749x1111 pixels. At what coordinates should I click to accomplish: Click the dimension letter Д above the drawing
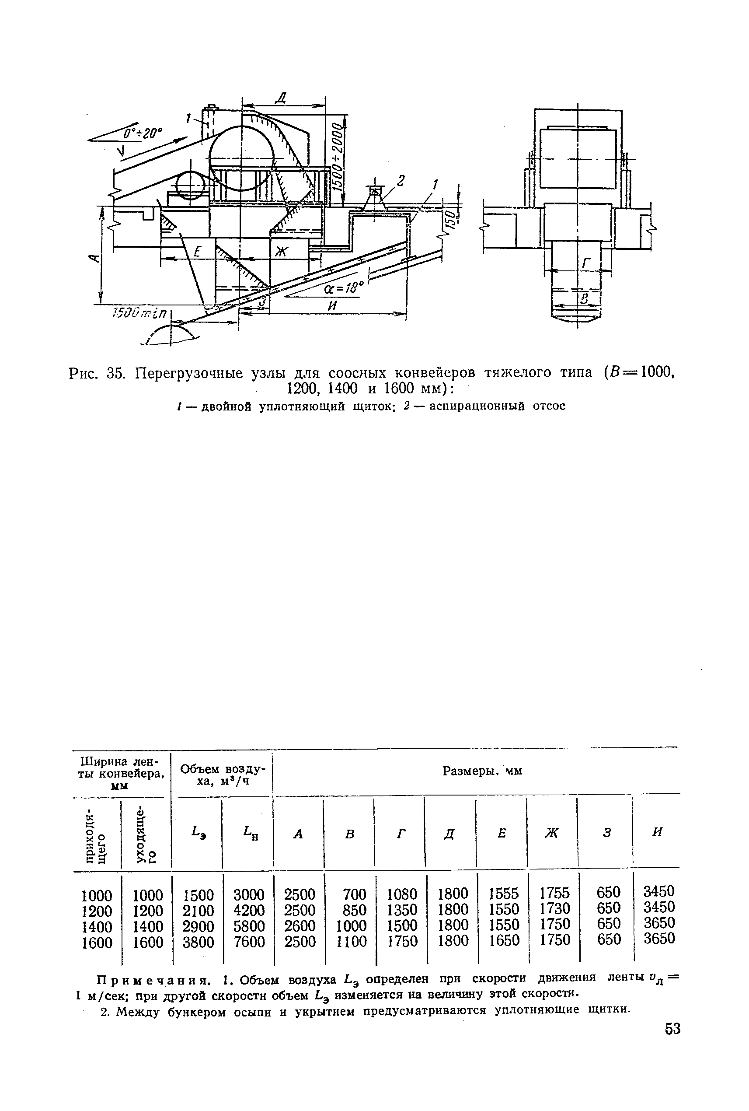[282, 99]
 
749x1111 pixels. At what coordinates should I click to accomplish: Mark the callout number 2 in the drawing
[401, 180]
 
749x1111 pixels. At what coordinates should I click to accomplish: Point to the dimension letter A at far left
[94, 259]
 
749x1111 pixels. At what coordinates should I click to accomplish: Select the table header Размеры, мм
[482, 771]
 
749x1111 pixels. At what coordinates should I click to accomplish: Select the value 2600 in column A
[300, 925]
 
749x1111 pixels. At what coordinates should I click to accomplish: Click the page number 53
[672, 1028]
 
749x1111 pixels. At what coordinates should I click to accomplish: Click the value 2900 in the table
[198, 926]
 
